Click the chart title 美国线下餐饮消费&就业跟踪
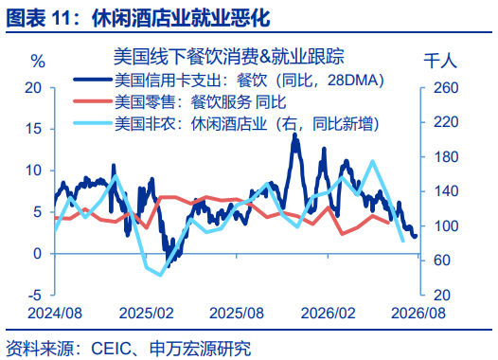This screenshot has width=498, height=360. click(x=229, y=56)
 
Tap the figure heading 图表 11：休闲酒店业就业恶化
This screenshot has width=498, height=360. click(x=138, y=17)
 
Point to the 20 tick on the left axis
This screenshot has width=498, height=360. click(x=33, y=88)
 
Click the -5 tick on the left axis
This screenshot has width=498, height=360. click(x=35, y=296)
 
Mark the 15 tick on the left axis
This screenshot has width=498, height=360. click(x=33, y=129)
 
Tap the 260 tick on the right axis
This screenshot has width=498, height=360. click(x=446, y=88)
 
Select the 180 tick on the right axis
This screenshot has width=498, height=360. click(x=446, y=157)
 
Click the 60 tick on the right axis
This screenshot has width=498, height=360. click(x=442, y=261)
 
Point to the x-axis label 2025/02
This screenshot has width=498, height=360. click(x=146, y=314)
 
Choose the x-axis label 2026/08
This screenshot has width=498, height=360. click(x=418, y=314)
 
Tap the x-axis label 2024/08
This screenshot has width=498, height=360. click(x=55, y=314)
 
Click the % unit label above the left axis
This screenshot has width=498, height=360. click(x=38, y=61)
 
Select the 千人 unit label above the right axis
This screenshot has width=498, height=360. click(x=440, y=61)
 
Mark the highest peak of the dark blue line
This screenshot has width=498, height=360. click(x=294, y=135)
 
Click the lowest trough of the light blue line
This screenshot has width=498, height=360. click(x=160, y=275)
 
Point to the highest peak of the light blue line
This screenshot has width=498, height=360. click(x=372, y=161)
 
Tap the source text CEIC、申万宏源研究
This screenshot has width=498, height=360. click(x=170, y=349)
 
